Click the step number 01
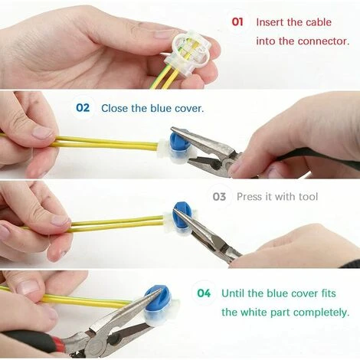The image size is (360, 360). pos(237,22)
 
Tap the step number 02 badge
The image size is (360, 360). pos(83,108)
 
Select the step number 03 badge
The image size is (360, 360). pos(220,197)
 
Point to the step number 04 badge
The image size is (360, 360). pos(203,293)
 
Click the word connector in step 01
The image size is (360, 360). pos(322,41)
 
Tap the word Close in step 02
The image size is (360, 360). pos(114,108)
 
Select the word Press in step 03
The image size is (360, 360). pos(250,197)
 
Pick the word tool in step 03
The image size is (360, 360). pos(306,197)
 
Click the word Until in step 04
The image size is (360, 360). pos(234,293)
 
